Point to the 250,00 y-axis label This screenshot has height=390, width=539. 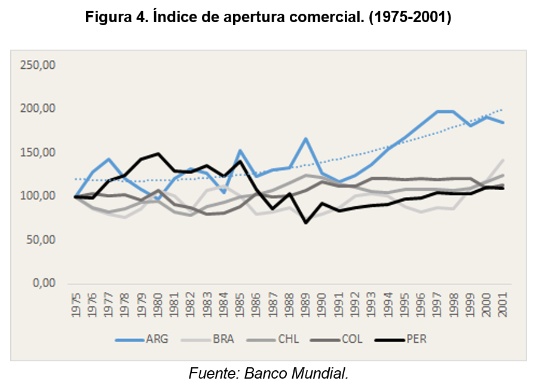[x=38, y=65]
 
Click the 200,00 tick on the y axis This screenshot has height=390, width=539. [x=38, y=109]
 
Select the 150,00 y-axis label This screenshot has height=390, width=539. [x=38, y=153]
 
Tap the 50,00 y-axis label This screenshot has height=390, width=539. [x=39, y=240]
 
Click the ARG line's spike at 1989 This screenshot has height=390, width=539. [x=306, y=139]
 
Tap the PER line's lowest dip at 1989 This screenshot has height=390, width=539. [x=306, y=223]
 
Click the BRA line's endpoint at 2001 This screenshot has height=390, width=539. [x=503, y=160]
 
